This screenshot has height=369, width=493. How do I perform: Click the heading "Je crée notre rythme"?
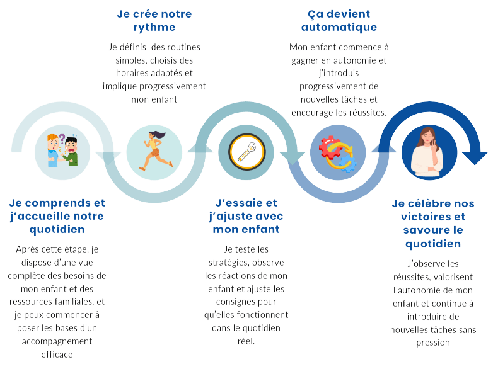point(154,21)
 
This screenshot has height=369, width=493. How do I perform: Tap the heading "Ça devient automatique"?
point(339,21)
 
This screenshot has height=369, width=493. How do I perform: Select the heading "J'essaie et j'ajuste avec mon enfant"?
point(246,216)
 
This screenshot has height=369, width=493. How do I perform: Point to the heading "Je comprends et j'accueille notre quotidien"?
point(57,216)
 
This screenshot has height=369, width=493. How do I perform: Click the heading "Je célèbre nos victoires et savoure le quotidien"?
point(432,223)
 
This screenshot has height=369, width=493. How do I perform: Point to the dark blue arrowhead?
point(474,156)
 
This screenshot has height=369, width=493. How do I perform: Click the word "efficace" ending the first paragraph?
point(56,354)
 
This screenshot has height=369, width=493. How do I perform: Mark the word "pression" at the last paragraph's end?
point(432,343)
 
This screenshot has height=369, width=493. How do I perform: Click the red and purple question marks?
point(62,138)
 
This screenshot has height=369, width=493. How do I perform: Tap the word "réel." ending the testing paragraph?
point(245,341)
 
